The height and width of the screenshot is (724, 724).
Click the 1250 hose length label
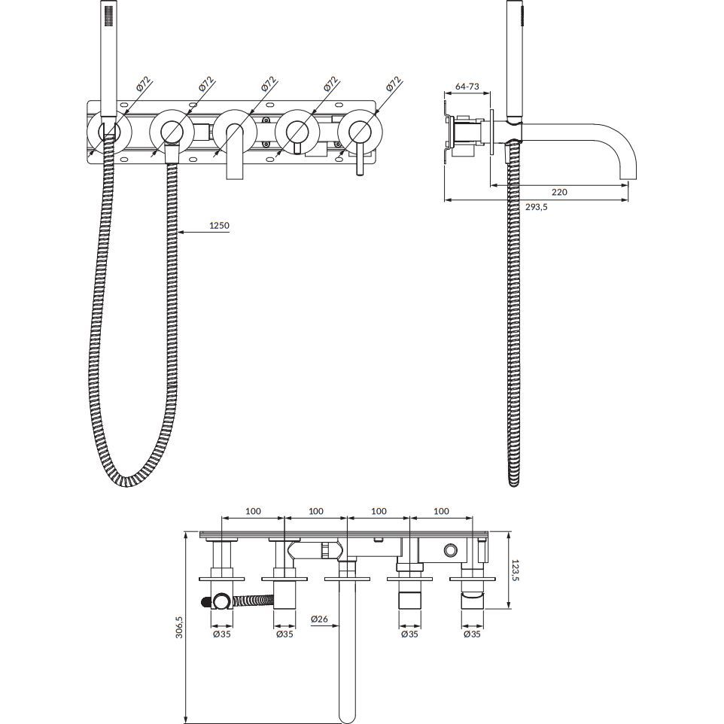[219, 226]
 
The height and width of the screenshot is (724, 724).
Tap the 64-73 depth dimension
[467, 87]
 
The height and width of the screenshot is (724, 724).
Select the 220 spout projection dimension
[559, 192]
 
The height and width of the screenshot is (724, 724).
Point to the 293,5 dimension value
[536, 207]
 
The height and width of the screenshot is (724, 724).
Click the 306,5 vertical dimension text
[180, 627]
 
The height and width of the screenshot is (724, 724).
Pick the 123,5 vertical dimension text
[516, 570]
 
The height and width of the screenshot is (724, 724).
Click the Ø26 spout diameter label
[319, 619]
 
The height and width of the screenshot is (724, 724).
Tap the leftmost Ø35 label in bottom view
[221, 634]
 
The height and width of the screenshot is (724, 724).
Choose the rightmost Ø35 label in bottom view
[472, 634]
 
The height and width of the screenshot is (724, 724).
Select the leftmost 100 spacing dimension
[253, 511]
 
